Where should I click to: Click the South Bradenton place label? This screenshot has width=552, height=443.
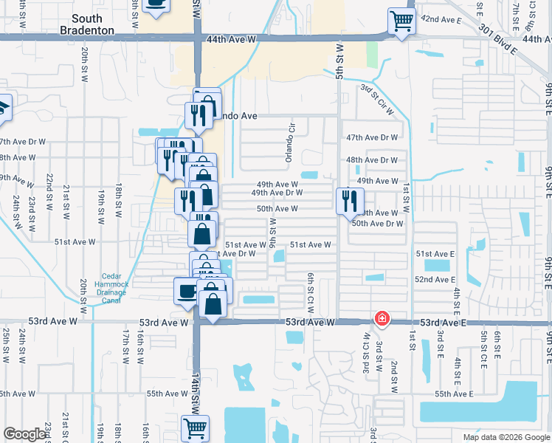[x=92, y=24]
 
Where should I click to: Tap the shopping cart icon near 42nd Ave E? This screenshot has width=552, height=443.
[x=401, y=21]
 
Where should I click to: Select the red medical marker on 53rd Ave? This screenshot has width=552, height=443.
[x=382, y=319]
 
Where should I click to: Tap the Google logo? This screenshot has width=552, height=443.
[x=26, y=434]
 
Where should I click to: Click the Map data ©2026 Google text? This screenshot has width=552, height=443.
[x=506, y=437]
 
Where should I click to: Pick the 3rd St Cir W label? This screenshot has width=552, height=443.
[x=377, y=100]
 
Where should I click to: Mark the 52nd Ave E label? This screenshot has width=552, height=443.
[x=435, y=280]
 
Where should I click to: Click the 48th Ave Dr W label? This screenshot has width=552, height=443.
[x=372, y=159]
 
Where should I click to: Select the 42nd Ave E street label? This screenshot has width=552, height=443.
[x=441, y=18]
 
